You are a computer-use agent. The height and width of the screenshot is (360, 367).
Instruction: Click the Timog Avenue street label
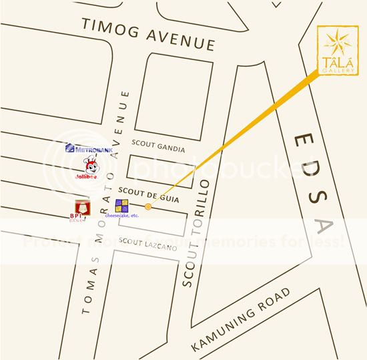tap(147, 35)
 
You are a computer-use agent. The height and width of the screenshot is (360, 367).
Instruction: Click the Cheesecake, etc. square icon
tap(122, 205)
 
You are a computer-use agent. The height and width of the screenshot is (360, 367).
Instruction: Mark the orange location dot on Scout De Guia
tap(148, 207)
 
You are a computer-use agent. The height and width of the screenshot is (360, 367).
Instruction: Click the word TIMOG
tap(107, 27)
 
